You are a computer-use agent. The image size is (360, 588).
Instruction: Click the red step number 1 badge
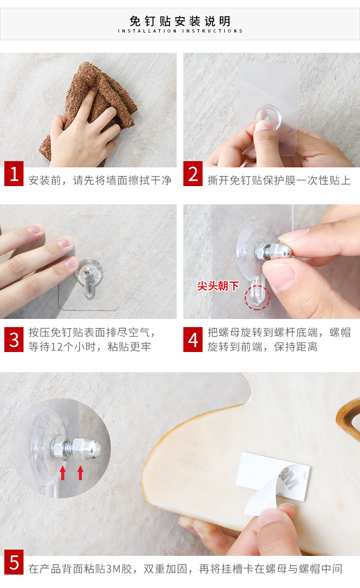click(x=14, y=174)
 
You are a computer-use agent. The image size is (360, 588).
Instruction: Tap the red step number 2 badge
click(x=193, y=174)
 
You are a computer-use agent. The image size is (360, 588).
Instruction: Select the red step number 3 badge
click(x=14, y=340)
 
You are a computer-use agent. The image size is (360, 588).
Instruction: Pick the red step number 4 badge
click(x=193, y=340)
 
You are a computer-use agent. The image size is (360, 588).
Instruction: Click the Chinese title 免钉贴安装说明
click(x=180, y=21)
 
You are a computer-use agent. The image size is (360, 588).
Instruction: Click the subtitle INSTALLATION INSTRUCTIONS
click(x=180, y=31)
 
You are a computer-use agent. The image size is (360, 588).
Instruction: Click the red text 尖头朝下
click(x=218, y=286)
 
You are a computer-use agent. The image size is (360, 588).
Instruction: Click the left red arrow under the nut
click(x=62, y=473)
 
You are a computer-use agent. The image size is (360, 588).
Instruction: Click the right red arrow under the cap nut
click(x=81, y=473)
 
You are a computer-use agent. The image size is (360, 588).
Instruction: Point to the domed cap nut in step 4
click(x=281, y=251)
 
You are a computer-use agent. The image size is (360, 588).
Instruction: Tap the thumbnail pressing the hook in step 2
click(x=264, y=126)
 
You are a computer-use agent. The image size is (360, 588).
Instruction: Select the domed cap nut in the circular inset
click(x=87, y=449)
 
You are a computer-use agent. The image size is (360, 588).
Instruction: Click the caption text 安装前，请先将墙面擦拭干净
click(x=100, y=181)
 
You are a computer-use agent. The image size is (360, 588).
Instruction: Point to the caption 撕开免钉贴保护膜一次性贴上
click(x=279, y=181)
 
